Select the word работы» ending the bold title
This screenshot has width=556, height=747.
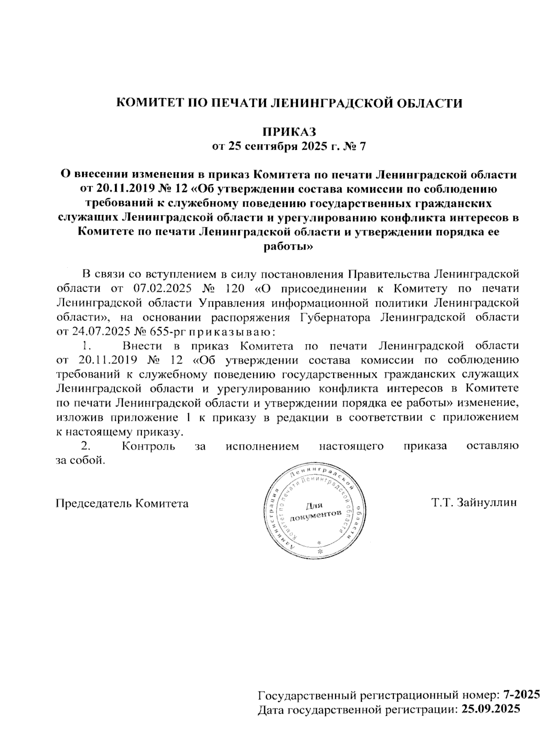pyautogui.click(x=289, y=247)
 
